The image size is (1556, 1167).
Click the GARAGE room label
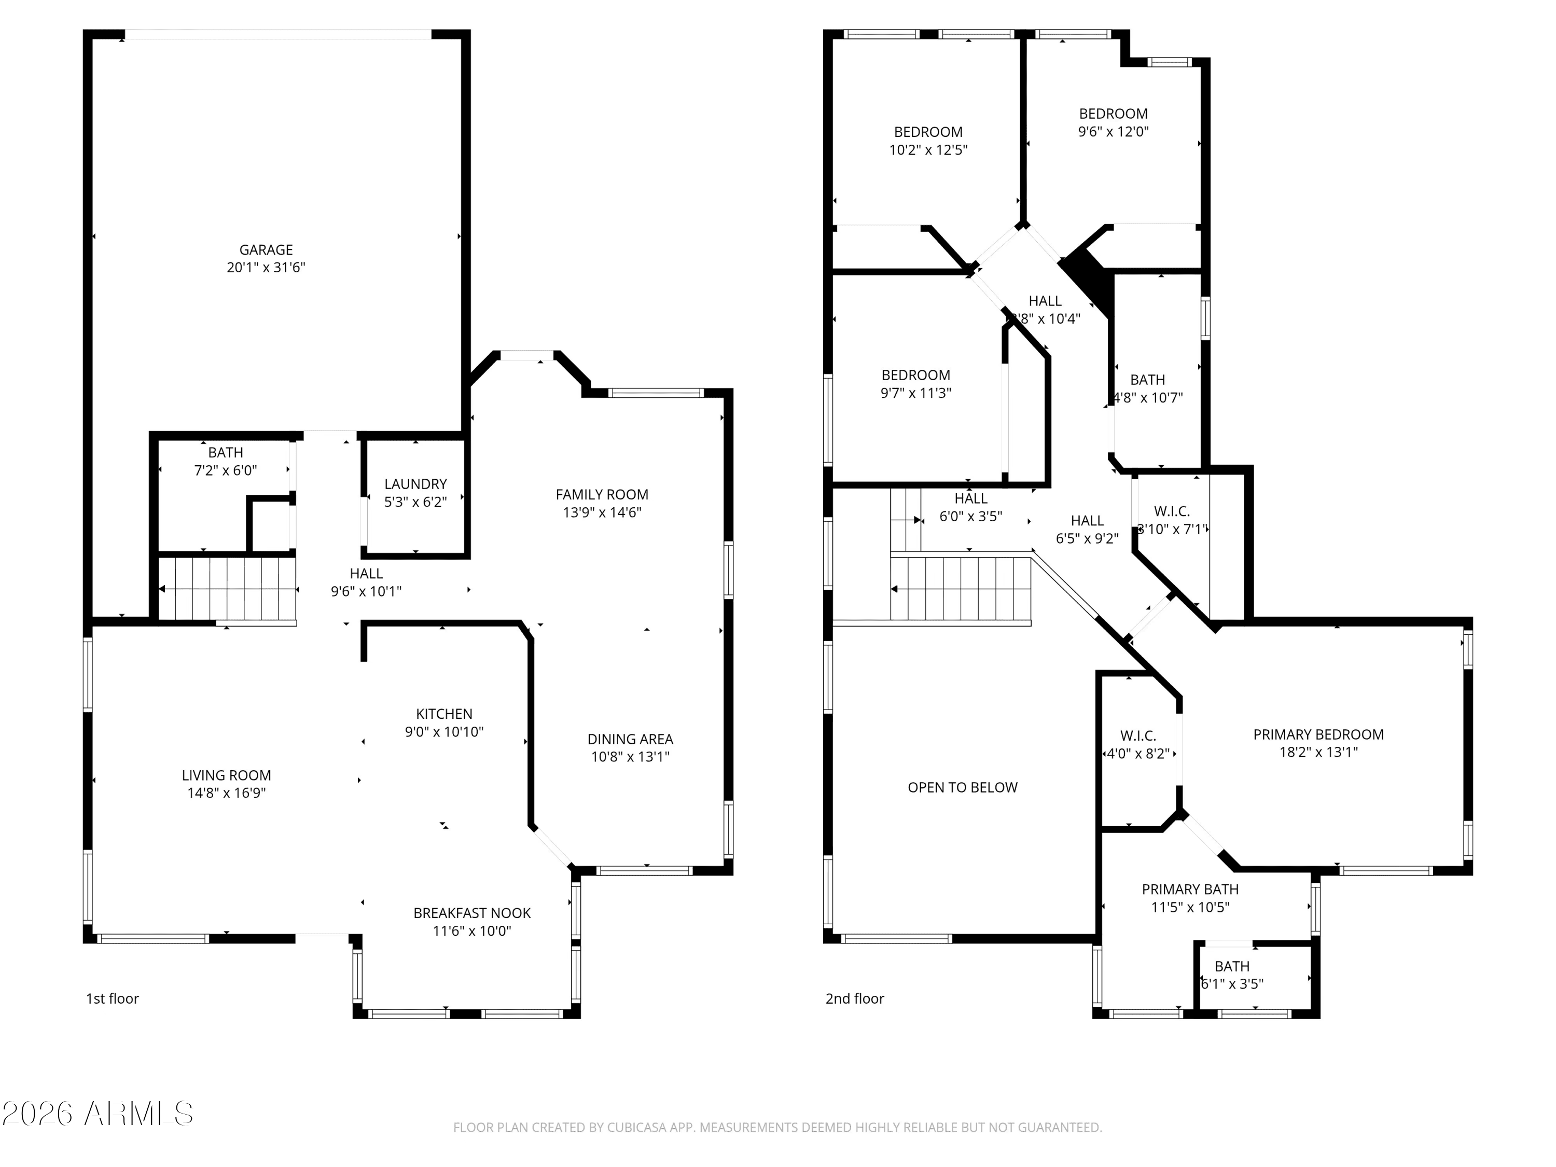point(266,249)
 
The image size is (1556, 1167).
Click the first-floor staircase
point(227,588)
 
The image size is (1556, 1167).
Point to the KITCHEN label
point(444,714)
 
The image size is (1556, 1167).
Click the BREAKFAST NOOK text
point(471,913)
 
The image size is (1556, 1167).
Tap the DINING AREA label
point(630,739)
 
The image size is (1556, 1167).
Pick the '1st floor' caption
point(113,999)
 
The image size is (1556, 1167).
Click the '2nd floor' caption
point(855,999)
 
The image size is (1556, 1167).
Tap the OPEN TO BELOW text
point(962,788)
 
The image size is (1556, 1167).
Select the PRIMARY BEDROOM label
point(1318,734)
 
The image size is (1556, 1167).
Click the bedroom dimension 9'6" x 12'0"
point(1113,132)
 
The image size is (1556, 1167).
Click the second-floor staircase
point(961,588)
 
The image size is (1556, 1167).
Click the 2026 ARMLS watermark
point(98,1114)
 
